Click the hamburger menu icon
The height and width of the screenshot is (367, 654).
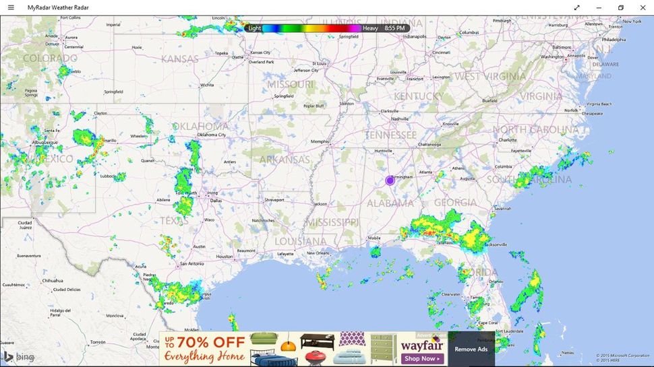11,7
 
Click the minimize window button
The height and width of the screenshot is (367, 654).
599,7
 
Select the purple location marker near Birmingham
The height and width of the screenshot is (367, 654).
390,180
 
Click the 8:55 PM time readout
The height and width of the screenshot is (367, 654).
394,28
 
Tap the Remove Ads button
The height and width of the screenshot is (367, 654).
471,349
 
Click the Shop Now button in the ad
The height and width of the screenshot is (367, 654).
421,359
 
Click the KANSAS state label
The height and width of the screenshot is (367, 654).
180,59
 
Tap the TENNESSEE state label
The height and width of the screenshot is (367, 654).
391,135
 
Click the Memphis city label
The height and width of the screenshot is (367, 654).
319,141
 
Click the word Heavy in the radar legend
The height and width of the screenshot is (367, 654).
370,28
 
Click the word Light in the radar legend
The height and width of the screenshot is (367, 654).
254,28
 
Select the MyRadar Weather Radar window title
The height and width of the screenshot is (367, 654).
58,7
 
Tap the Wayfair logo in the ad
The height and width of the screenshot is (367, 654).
421,343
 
